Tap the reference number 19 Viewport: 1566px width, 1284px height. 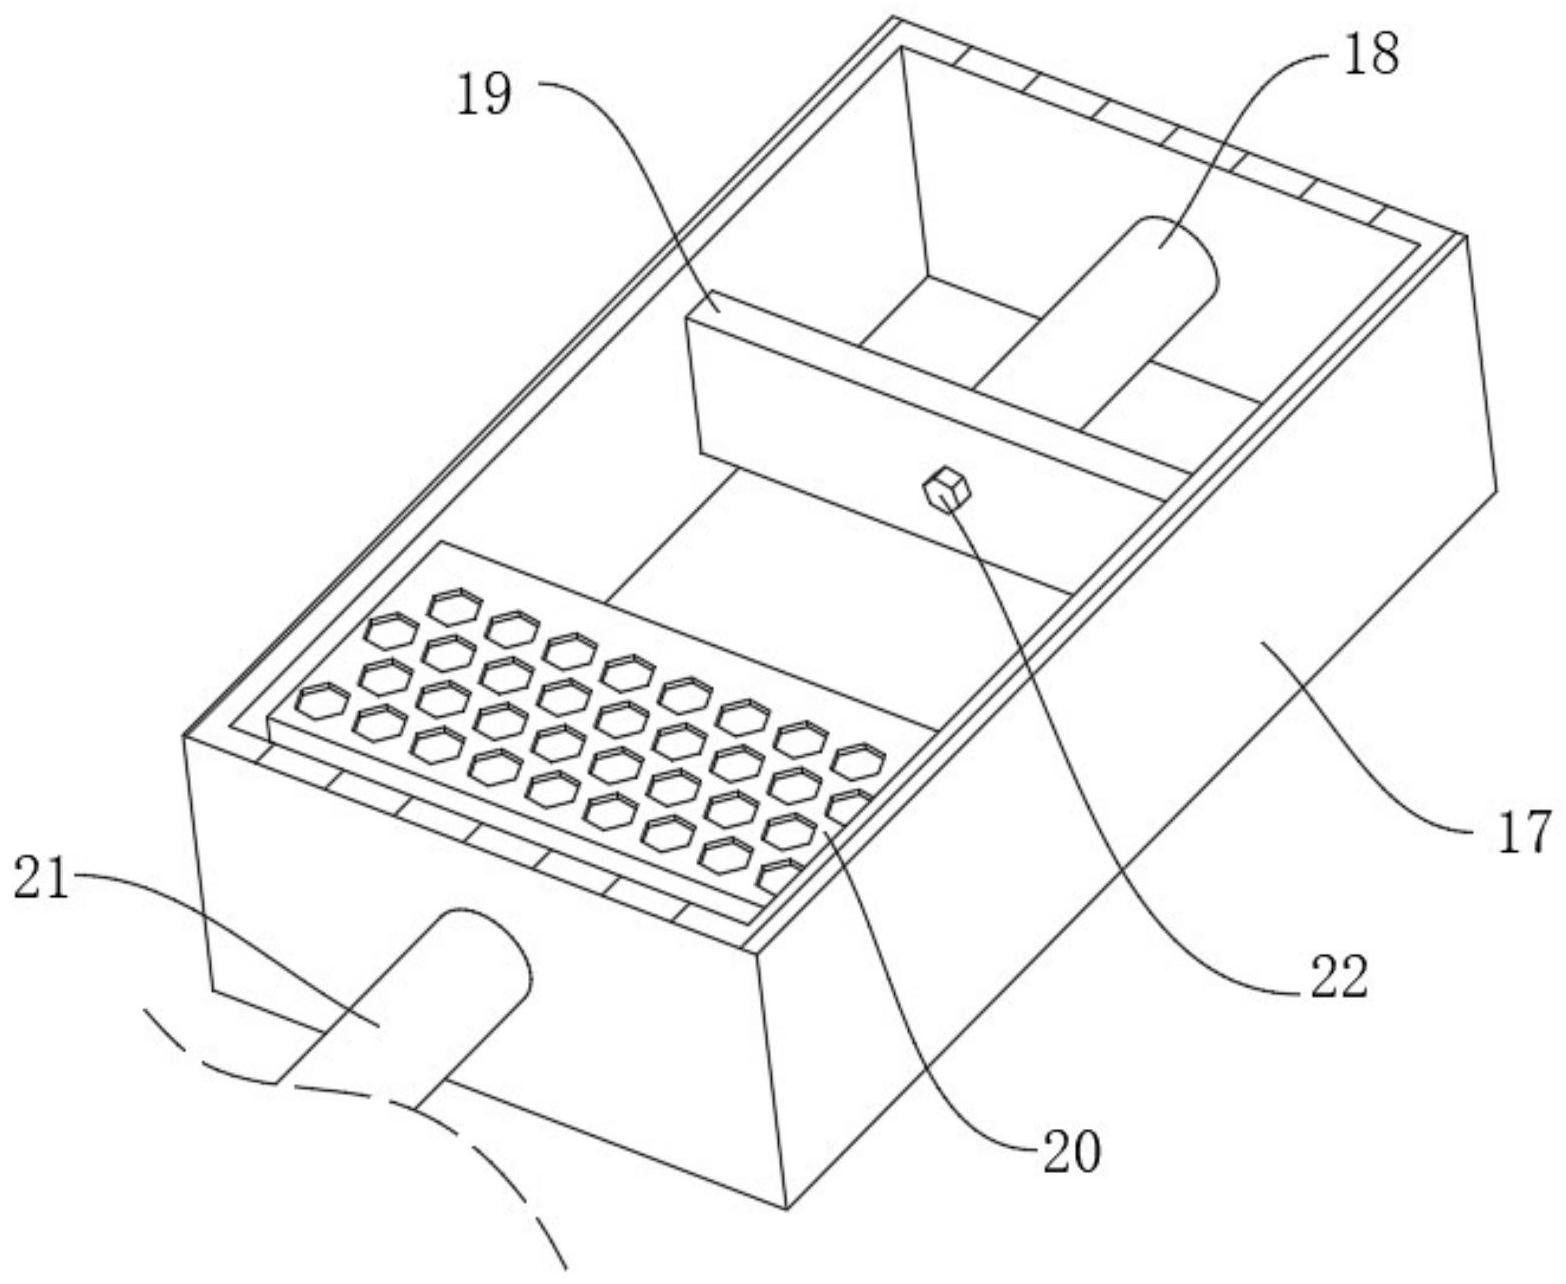point(485,97)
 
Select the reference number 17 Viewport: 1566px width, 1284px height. point(1523,833)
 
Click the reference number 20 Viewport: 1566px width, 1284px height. point(1070,1152)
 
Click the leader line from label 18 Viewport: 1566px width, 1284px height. point(1250,110)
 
